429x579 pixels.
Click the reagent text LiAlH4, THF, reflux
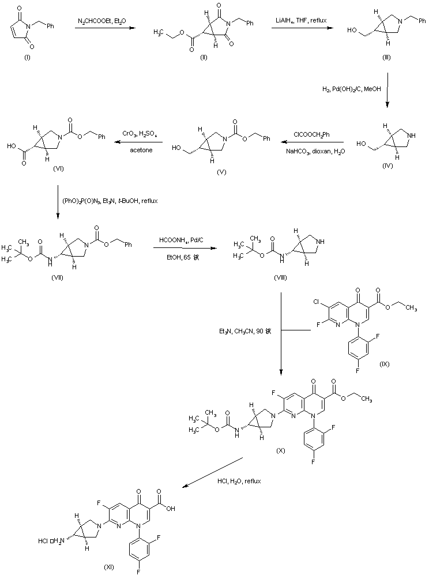point(300,21)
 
